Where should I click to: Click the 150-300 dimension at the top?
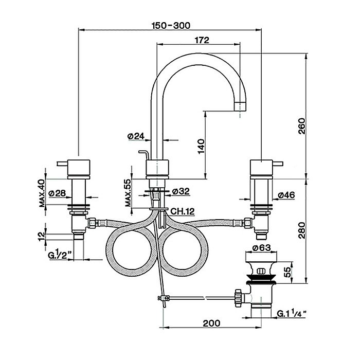170,25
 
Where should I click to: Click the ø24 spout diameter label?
135,136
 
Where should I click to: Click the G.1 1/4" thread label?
294,312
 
